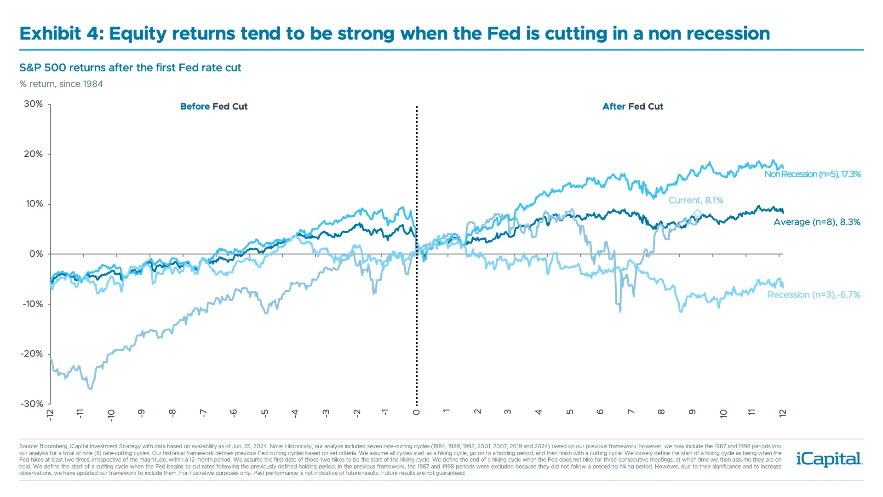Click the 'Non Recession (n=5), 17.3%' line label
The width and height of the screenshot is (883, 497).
[812, 174]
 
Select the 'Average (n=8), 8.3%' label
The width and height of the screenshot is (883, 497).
[817, 222]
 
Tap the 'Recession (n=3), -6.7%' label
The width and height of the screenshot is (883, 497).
[814, 295]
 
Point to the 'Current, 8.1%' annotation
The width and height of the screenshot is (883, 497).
[695, 201]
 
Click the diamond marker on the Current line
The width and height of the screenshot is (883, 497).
[697, 213]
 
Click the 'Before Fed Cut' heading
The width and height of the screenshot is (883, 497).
[214, 107]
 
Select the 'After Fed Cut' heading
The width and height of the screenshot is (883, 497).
[633, 107]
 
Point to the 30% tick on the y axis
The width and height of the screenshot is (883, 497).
[34, 104]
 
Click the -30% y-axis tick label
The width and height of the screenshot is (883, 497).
[32, 404]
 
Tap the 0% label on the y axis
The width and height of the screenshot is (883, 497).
[36, 254]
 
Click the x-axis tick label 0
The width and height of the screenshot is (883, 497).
[416, 412]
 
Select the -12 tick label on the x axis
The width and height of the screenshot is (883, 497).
[50, 414]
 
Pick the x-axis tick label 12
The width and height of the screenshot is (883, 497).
[782, 413]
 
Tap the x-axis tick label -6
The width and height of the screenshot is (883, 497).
[233, 413]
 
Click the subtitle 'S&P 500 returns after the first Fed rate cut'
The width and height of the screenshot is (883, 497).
[130, 68]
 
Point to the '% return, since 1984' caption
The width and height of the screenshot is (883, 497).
[61, 84]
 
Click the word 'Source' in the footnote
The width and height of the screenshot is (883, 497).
[28, 446]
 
